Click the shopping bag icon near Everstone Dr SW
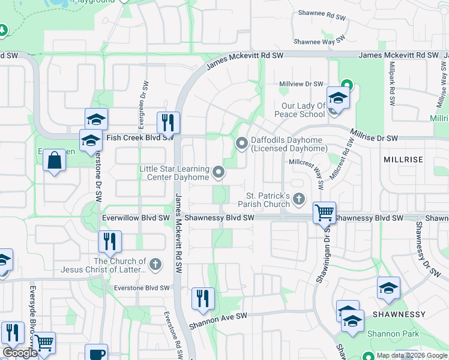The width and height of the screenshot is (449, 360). click(x=54, y=160)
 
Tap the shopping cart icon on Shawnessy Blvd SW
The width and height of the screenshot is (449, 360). click(x=324, y=212)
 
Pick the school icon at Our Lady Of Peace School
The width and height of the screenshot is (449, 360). click(x=338, y=97)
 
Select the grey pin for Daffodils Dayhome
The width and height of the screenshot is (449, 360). click(x=242, y=143)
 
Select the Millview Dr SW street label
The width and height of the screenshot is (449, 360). click(x=301, y=84)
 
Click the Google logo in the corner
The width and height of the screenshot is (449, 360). click(x=20, y=352)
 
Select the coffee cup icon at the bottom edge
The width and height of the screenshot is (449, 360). click(x=96, y=353)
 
